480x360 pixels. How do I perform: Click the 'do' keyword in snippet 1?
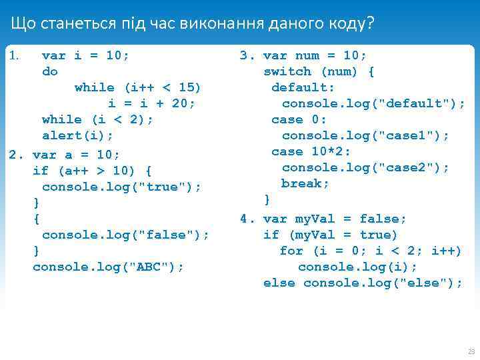pyautogui.click(x=50, y=71)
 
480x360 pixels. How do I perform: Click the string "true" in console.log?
pyautogui.click(x=161, y=186)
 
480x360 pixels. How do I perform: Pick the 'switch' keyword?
pyautogui.click(x=287, y=71)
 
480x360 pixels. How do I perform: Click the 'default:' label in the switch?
pyautogui.click(x=303, y=87)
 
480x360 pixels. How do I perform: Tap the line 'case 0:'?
pyautogui.click(x=299, y=119)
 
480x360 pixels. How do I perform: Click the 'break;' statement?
pyautogui.click(x=305, y=183)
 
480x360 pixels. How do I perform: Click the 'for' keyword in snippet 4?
pyautogui.click(x=291, y=251)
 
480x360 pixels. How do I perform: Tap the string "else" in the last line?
pyautogui.click(x=422, y=283)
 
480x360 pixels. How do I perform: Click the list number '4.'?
pyautogui.click(x=248, y=219)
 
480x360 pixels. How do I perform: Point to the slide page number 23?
pyautogui.click(x=471, y=351)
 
